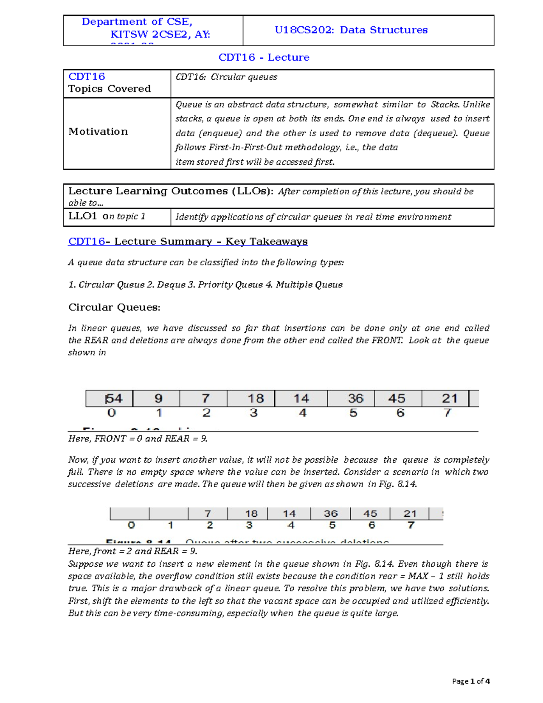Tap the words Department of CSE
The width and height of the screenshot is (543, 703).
137,22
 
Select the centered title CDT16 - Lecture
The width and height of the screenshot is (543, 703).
264,57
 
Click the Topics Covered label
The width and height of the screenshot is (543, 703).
110,89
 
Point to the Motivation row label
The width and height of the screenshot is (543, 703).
98,132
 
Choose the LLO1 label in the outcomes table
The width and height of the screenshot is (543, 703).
82,216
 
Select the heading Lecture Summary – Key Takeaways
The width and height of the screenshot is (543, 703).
211,242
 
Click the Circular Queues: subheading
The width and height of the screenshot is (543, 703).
114,307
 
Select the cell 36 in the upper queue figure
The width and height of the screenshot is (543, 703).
355,399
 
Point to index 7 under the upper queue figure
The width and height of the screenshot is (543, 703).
447,413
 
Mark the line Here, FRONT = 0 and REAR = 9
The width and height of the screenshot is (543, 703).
138,439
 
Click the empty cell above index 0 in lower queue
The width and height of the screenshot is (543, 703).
130,514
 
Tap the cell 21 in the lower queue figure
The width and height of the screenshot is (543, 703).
410,514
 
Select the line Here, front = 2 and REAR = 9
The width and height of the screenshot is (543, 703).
133,551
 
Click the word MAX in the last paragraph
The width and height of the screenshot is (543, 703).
418,576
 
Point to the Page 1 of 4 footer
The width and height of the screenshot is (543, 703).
471,681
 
